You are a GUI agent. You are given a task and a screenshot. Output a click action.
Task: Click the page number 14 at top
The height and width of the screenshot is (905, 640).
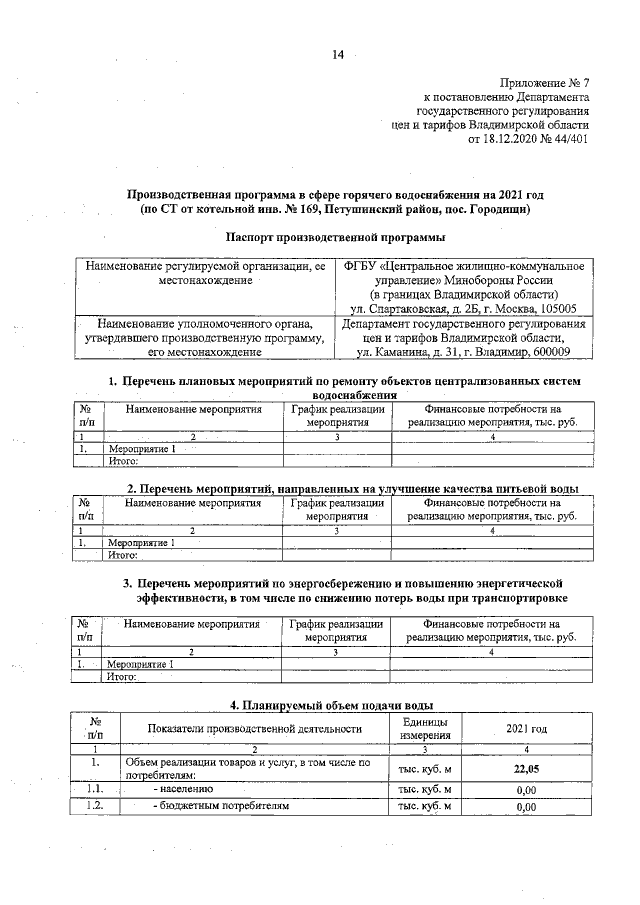click(x=338, y=55)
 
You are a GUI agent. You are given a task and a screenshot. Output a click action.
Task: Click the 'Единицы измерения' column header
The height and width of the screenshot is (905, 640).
click(x=425, y=728)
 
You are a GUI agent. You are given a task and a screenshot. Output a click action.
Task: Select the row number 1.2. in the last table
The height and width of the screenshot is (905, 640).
click(x=96, y=806)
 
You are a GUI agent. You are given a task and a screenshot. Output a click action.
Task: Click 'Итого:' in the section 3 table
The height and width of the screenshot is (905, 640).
click(x=121, y=676)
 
